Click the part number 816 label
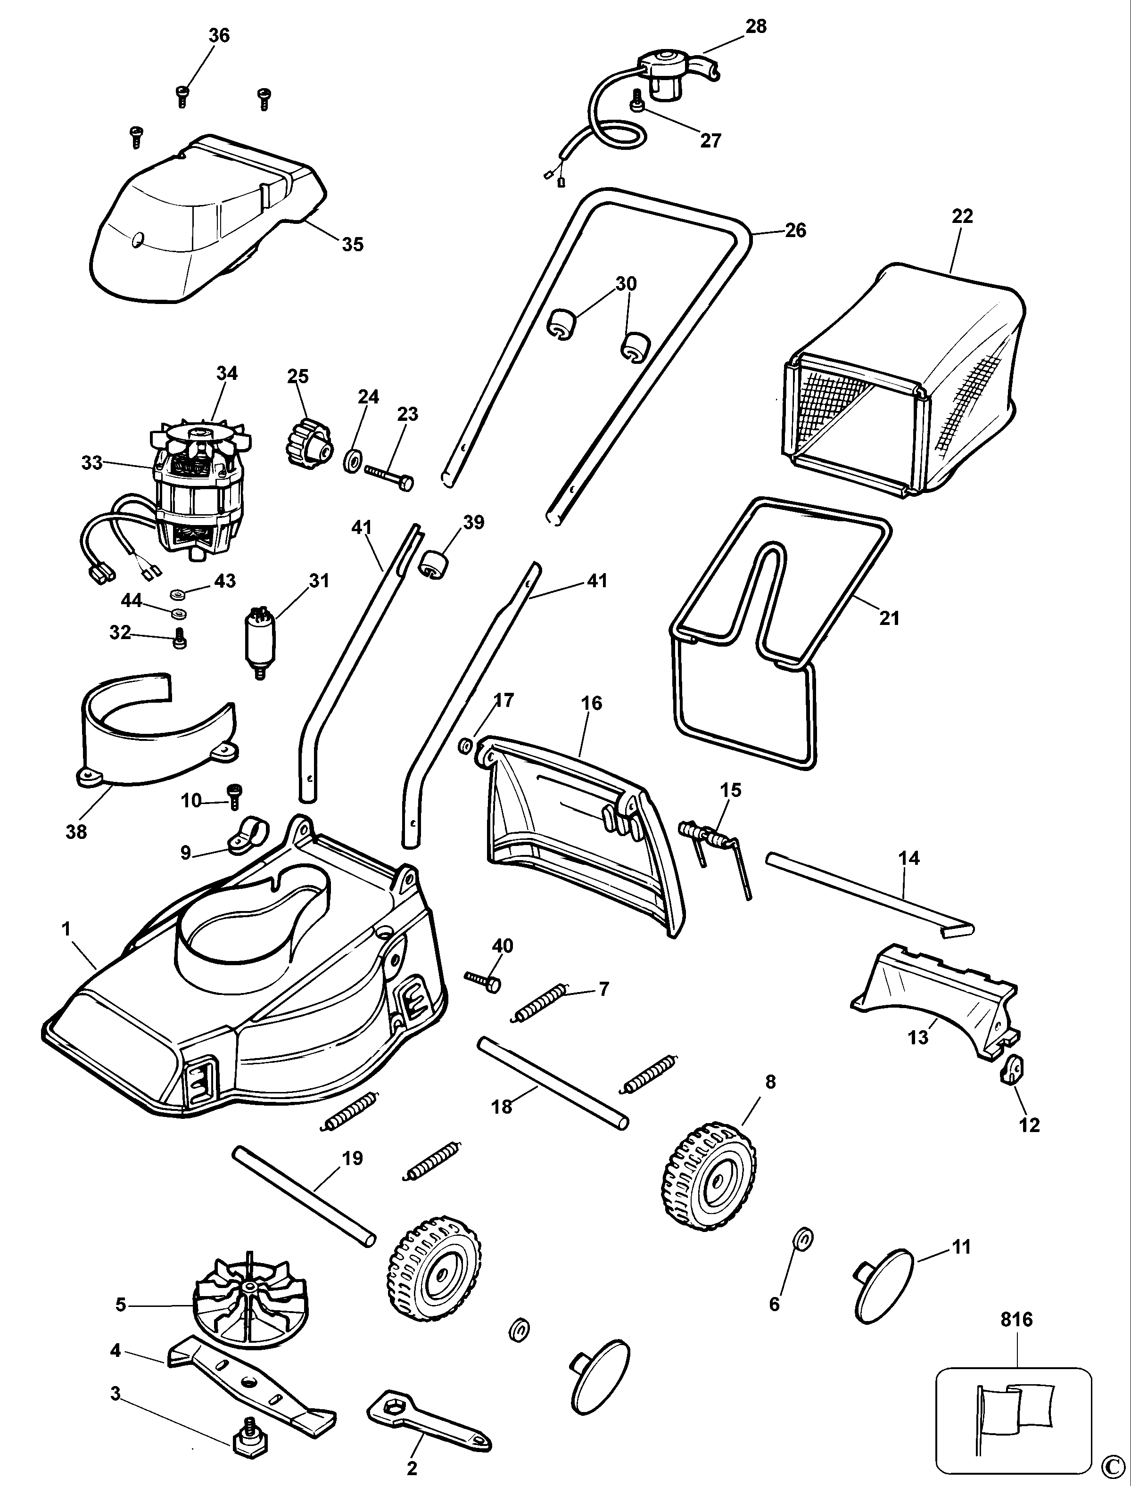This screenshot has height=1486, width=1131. [1016, 1319]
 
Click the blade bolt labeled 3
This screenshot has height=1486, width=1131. [247, 1439]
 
